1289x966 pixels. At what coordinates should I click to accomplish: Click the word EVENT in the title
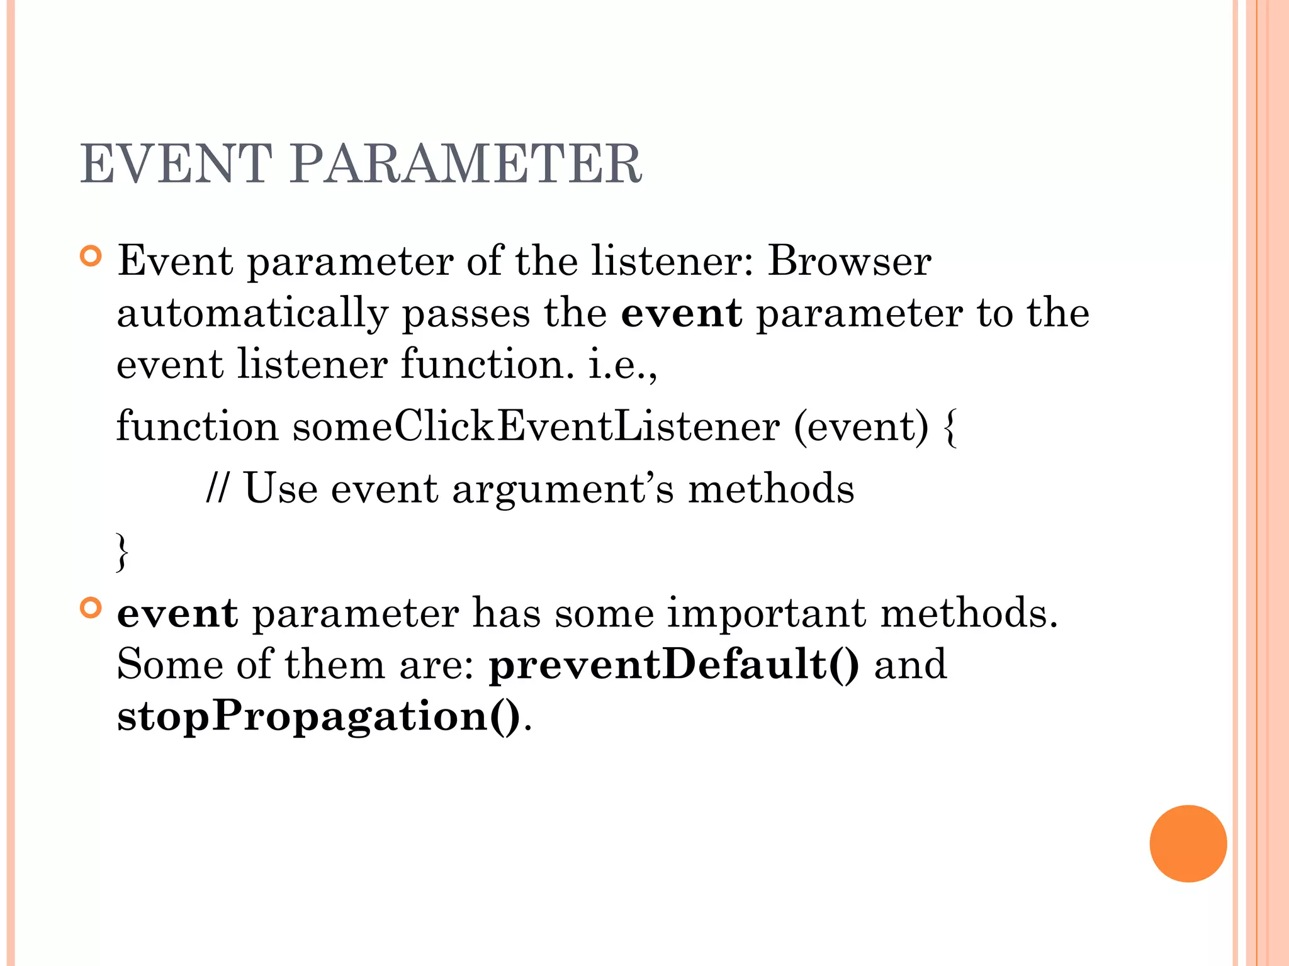pos(176,164)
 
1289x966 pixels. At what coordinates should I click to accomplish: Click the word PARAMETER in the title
pos(466,164)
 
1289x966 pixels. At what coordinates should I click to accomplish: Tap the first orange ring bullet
pos(91,257)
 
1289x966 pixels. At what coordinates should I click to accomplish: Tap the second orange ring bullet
pos(91,608)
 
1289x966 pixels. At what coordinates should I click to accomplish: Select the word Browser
pos(849,260)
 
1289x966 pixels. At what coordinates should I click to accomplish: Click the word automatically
pos(253,314)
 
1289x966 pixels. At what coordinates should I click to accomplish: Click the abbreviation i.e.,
pos(622,365)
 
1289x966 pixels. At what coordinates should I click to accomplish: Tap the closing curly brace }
pos(122,552)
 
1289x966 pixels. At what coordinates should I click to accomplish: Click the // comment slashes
pos(217,489)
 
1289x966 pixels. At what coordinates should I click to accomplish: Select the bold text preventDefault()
pos(674,665)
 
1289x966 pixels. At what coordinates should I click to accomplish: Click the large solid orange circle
pos(1188,843)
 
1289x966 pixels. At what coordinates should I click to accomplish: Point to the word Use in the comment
pos(280,489)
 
